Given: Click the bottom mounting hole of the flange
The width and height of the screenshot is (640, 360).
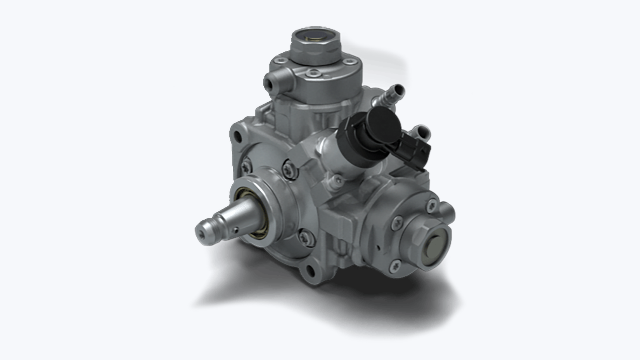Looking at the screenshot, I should [311, 270].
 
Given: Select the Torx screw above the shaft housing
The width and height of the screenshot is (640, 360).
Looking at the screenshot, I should [290, 170].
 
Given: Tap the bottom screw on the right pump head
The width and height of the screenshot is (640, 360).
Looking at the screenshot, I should [395, 266].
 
